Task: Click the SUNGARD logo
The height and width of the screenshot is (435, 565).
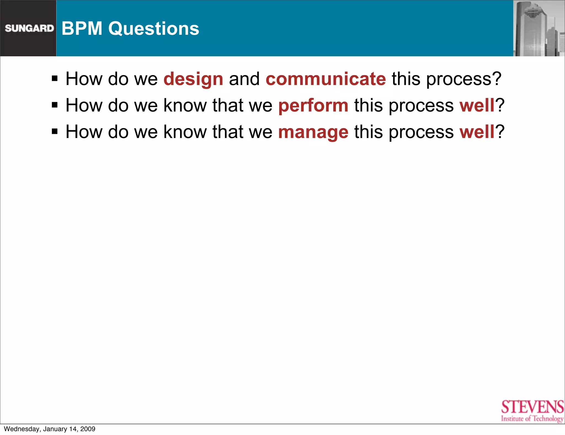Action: [x=29, y=28]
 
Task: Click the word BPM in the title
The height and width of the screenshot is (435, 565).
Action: [x=82, y=28]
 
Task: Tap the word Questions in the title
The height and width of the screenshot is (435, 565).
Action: [x=153, y=29]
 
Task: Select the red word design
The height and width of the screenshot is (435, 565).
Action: [x=193, y=79]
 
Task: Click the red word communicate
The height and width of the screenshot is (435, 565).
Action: [x=326, y=79]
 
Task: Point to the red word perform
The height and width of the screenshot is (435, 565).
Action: [x=313, y=106]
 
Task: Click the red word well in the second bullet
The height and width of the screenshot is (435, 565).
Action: [x=477, y=105]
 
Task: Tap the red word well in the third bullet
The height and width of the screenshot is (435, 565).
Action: [x=477, y=132]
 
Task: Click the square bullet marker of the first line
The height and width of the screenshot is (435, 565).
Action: [x=55, y=79]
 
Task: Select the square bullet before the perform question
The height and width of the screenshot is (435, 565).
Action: [x=55, y=105]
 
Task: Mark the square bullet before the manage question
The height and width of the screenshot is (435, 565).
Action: [x=55, y=131]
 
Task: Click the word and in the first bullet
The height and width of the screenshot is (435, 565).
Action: [x=244, y=79]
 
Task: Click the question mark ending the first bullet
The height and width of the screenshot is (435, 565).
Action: [x=497, y=79]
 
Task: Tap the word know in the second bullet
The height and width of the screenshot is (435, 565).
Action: [x=185, y=105]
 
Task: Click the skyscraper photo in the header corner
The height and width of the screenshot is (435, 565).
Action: [x=539, y=28]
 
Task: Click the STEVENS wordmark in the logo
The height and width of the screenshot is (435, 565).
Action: [x=532, y=407]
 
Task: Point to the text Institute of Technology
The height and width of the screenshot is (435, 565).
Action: [x=532, y=419]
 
